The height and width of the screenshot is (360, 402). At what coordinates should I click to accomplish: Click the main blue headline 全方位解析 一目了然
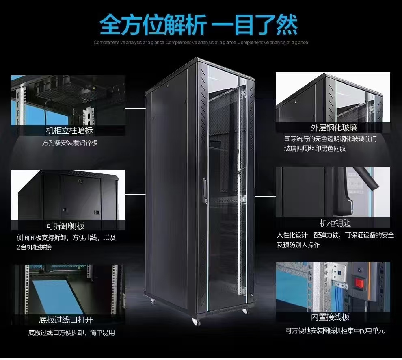(x=199, y=24)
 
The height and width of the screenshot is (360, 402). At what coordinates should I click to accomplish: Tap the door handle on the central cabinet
(x=205, y=191)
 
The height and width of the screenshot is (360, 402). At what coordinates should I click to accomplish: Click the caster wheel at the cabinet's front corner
(x=196, y=322)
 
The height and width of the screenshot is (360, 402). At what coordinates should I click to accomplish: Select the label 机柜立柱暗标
(x=69, y=130)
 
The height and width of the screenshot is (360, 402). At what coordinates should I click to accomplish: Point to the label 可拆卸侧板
(x=65, y=226)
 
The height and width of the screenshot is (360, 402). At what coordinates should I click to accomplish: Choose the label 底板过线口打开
(x=66, y=320)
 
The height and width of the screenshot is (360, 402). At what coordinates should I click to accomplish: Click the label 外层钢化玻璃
(x=334, y=128)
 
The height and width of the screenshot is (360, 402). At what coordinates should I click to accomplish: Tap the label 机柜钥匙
(x=335, y=223)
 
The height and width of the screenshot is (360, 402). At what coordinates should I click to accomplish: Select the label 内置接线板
(x=330, y=317)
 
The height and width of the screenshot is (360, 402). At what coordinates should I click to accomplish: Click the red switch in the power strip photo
(x=359, y=283)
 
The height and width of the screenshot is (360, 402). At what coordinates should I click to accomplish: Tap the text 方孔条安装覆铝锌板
(x=70, y=143)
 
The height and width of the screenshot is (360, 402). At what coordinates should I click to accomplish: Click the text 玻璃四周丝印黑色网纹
(x=315, y=149)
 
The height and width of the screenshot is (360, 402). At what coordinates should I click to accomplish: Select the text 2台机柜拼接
(x=34, y=247)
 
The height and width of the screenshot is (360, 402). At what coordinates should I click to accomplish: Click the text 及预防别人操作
(x=298, y=245)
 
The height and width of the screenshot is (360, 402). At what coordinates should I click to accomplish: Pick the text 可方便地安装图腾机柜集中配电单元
(x=335, y=330)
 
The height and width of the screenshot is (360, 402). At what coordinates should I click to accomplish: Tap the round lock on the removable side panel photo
(x=80, y=181)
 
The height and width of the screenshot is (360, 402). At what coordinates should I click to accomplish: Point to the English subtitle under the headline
(x=201, y=42)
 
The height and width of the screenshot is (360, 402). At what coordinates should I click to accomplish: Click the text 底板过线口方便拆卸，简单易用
(x=71, y=332)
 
